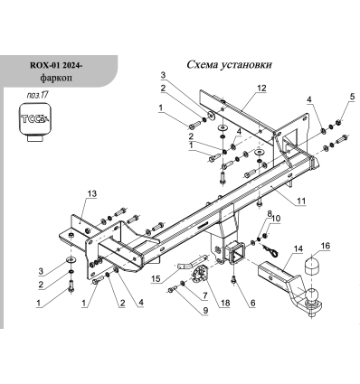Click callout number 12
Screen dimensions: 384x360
point(261,89)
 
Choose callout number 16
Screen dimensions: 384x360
point(327,245)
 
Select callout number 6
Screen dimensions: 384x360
point(252,303)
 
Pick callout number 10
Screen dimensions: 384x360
point(277,220)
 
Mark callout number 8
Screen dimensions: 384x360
point(269,211)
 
